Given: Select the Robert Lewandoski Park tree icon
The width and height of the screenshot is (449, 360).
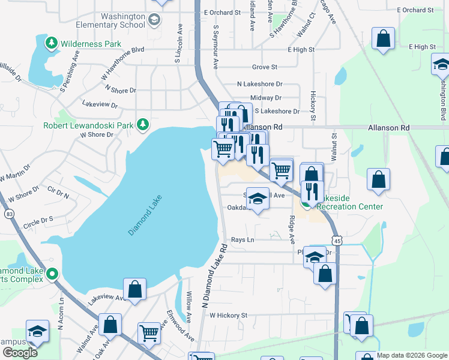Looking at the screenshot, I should pyautogui.click(x=142, y=125).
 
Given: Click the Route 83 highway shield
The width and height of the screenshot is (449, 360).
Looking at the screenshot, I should pyautogui.click(x=9, y=213).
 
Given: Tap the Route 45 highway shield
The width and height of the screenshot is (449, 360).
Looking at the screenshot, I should pyautogui.click(x=339, y=240).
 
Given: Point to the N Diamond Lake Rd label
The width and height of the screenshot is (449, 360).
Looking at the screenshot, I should pyautogui.click(x=215, y=276).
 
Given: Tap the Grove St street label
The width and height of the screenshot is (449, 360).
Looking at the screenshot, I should pyautogui.click(x=265, y=67).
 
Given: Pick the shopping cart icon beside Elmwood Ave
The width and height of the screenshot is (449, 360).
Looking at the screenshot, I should pyautogui.click(x=149, y=332).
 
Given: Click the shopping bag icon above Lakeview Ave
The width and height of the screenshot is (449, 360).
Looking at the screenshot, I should pyautogui.click(x=135, y=289).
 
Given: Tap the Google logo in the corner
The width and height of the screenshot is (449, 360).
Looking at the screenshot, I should pyautogui.click(x=20, y=353).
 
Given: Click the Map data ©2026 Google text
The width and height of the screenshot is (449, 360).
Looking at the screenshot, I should pyautogui.click(x=411, y=355).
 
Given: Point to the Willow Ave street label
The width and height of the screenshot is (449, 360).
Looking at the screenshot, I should pyautogui.click(x=188, y=306).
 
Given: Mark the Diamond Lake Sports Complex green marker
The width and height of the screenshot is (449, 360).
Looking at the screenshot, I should pyautogui.click(x=52, y=274).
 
